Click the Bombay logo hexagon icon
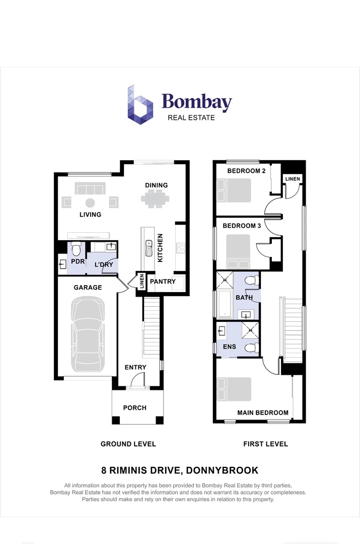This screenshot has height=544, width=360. tap(140, 104)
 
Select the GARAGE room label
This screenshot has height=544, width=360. tap(88, 288)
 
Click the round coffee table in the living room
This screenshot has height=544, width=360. tap(90, 203)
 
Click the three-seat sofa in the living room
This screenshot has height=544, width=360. tap(90, 189)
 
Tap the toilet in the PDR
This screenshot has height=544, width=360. tap(76, 248)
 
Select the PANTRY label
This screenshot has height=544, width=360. tap(162, 282)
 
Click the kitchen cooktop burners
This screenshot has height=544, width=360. tap(180, 247)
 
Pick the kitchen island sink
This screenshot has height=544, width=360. tap(149, 247)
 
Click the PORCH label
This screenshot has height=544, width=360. tap(135, 407)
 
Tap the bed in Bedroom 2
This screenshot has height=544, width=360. tap(234, 191)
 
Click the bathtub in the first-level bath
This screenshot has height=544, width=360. tap(225, 304)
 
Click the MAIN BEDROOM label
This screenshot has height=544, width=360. tap(263, 413)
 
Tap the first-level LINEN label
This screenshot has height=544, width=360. tap(292, 179)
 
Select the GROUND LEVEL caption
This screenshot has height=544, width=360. tap(128, 444)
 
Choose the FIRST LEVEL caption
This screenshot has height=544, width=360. tap(265, 444)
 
